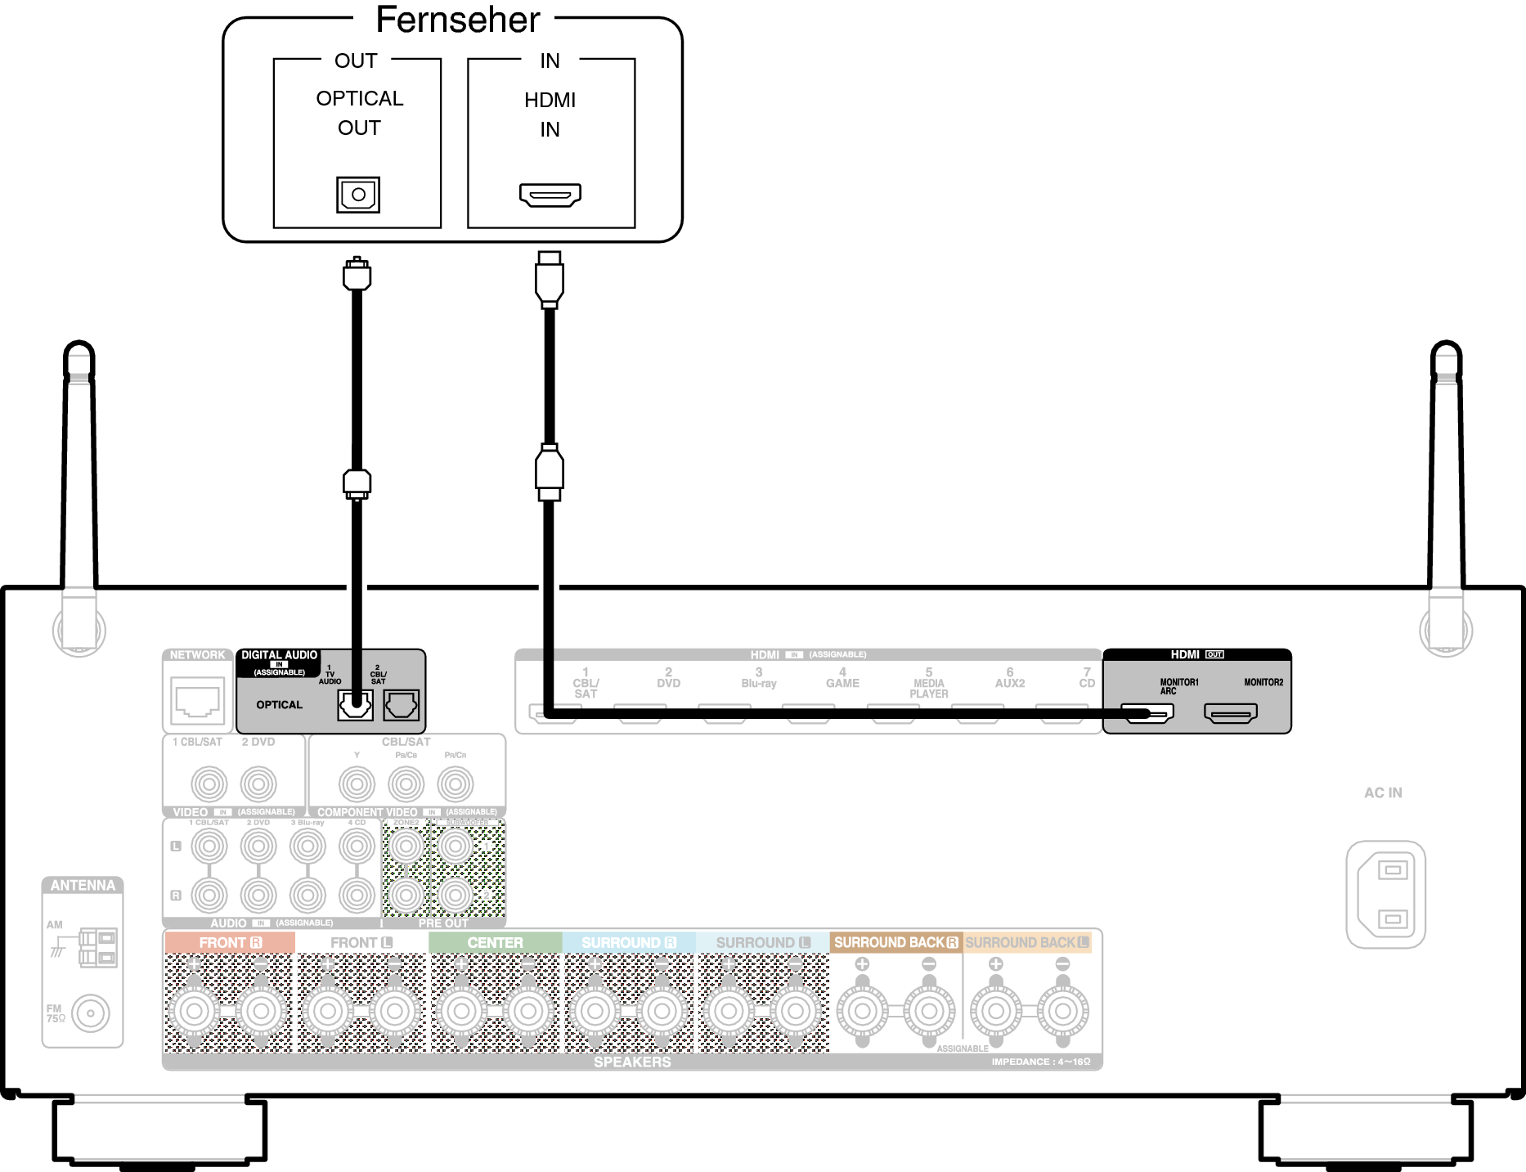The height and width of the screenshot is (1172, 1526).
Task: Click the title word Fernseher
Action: tap(457, 20)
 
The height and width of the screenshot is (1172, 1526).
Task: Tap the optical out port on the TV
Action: tap(358, 195)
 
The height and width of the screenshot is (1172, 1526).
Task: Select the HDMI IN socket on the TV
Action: tap(550, 195)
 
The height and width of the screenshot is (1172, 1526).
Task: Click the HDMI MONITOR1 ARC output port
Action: tap(1147, 713)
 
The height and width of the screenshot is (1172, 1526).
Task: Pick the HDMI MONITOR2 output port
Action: tap(1230, 713)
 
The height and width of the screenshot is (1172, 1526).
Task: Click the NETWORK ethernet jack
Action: tap(197, 702)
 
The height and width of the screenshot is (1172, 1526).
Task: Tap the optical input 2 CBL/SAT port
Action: tap(402, 704)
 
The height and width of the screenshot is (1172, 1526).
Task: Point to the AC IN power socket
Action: tap(1386, 895)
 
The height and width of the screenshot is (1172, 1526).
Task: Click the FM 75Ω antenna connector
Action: tap(90, 1013)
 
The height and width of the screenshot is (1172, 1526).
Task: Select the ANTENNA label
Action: tap(83, 886)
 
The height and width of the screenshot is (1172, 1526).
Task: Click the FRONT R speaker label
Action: tap(230, 943)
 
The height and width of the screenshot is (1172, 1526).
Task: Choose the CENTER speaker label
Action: tap(495, 943)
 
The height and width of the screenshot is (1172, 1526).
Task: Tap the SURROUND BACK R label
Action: tap(895, 943)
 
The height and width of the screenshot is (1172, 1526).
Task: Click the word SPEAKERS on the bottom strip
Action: tap(632, 1062)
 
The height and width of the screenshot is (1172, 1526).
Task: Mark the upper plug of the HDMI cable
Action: tap(550, 278)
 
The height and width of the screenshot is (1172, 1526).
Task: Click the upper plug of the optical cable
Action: tap(357, 274)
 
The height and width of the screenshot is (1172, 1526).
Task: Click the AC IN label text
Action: tap(1383, 793)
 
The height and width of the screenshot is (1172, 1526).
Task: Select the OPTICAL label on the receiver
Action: tap(279, 705)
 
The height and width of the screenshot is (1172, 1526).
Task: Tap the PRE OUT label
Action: tap(443, 923)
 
